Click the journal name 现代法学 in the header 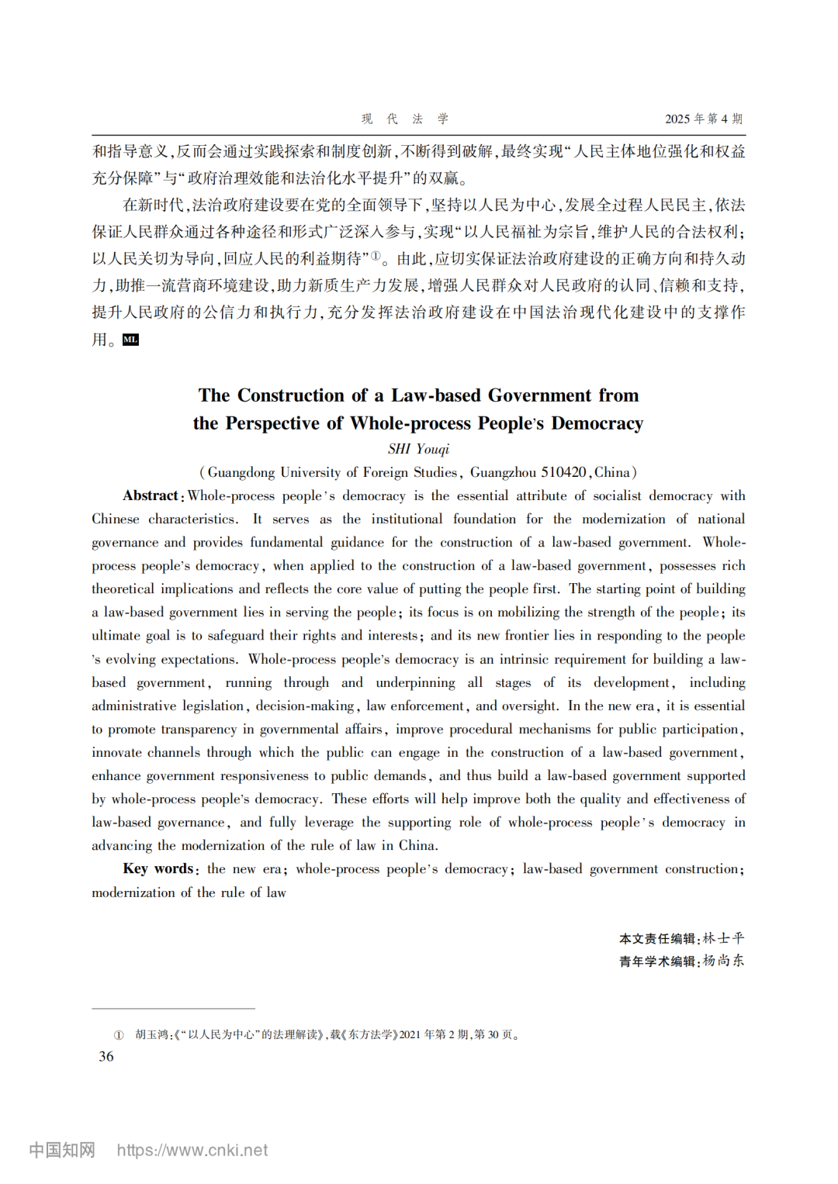(405, 119)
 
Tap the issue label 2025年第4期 (703, 119)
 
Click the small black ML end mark (130, 340)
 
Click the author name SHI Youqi (418, 449)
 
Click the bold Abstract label (151, 495)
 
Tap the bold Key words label (158, 868)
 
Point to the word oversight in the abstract (528, 706)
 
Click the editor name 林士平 (723, 938)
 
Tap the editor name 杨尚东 (723, 961)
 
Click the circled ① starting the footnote (119, 1034)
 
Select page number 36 (106, 1056)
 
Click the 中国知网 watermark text (62, 1150)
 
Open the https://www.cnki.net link (192, 1150)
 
